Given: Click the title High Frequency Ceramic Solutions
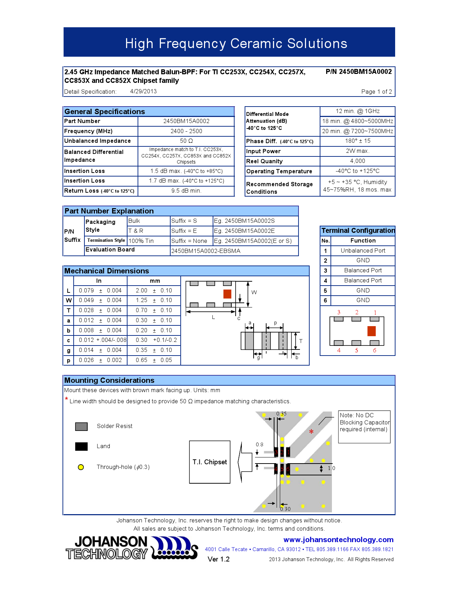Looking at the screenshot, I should coord(236,43).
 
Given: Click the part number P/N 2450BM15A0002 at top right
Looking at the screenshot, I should coord(358,72).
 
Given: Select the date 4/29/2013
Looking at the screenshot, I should coord(143,91).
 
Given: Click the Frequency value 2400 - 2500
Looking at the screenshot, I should coord(186,131).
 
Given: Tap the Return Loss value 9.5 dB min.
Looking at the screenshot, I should coord(186,191).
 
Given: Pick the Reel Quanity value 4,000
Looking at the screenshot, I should coord(357,161).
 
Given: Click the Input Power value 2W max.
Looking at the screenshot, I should coord(357,151).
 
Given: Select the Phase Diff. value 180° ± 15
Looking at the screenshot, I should coord(357,141).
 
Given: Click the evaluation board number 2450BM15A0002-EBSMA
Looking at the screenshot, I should coord(206,251).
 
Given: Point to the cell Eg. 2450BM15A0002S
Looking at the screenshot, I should coord(244,221).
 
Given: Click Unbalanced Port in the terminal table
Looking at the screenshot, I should coord(363,251).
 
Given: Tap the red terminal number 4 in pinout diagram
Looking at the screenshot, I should coord(339,351).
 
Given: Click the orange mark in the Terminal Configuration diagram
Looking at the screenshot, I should coord(371,331).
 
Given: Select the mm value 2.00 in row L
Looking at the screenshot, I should coord(142,291).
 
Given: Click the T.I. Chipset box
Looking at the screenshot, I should coord(210,462).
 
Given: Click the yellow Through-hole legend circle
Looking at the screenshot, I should coord(81,467).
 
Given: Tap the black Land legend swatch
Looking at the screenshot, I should coord(82,446).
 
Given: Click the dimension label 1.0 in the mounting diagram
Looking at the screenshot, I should coord(331,468).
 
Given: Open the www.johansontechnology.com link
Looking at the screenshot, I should coord(338,540).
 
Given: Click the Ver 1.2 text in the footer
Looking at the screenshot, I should coord(218,559).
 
